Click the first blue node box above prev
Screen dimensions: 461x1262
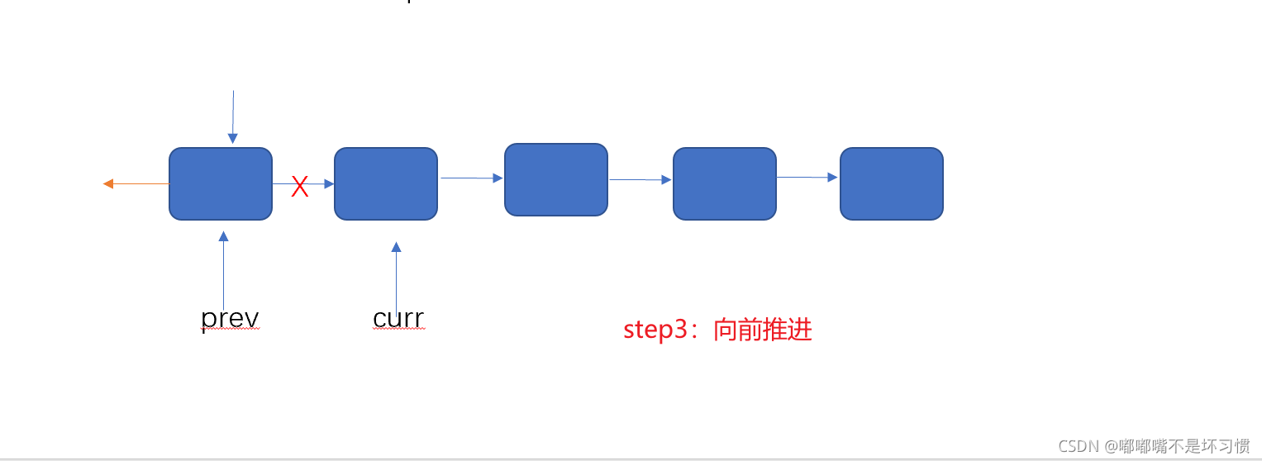click(x=221, y=183)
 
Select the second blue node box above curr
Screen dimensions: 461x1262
click(x=386, y=183)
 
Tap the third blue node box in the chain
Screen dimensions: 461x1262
click(x=556, y=179)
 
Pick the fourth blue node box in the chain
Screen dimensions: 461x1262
click(x=725, y=183)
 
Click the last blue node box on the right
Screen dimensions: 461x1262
click(x=892, y=183)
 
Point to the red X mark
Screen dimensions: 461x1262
click(x=300, y=187)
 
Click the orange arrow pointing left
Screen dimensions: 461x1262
click(x=136, y=183)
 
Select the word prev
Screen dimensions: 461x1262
click(x=231, y=318)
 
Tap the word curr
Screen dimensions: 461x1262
click(x=398, y=318)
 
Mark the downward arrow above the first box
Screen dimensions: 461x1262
click(x=233, y=116)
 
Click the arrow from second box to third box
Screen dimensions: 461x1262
click(x=471, y=178)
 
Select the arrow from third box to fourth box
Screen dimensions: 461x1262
click(x=641, y=179)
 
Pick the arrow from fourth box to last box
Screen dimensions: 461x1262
click(x=808, y=177)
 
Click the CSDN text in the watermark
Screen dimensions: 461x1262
click(x=1078, y=446)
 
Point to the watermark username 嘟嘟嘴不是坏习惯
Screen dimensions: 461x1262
click(x=1183, y=446)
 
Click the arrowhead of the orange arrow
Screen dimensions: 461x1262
click(x=108, y=183)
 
